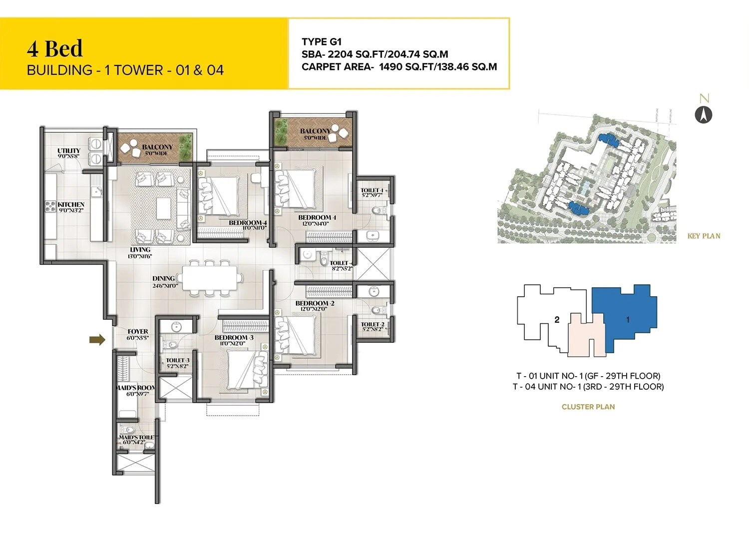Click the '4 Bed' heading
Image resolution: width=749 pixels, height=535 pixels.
(55, 49)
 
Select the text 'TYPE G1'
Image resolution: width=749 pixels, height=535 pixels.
(322, 42)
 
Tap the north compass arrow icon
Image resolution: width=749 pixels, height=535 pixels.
(704, 115)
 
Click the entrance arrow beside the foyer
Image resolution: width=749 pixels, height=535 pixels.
(97, 340)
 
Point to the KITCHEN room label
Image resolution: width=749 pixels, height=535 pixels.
(71, 205)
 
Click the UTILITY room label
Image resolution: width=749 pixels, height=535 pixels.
(68, 151)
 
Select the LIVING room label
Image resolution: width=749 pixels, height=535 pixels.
(140, 250)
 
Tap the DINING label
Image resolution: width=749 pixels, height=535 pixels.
(164, 279)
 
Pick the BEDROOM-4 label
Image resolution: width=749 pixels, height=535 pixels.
(248, 223)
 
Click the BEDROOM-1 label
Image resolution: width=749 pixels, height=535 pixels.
(317, 218)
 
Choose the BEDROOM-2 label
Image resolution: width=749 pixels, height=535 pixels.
(315, 303)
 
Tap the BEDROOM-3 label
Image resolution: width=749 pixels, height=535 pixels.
(234, 338)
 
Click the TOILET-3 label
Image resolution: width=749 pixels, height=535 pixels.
(177, 360)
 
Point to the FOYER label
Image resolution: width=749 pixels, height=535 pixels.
(138, 332)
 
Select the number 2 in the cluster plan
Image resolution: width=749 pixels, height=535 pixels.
(557, 320)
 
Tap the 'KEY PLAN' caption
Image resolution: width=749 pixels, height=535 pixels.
(704, 236)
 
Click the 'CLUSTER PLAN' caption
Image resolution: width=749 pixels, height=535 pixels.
(588, 407)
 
